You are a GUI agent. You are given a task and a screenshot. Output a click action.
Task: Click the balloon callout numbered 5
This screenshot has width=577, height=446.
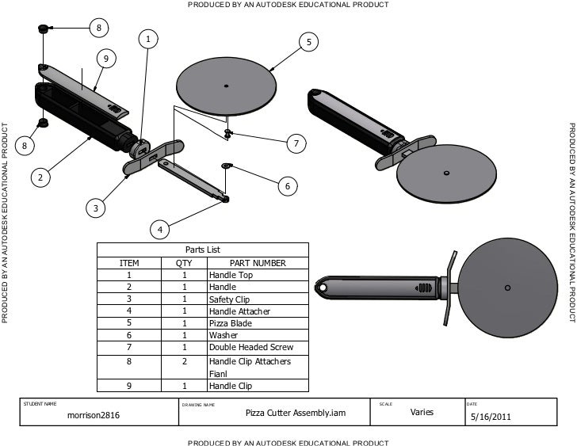(x=309, y=41)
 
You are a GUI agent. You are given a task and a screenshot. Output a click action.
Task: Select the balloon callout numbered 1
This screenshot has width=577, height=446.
(x=147, y=39)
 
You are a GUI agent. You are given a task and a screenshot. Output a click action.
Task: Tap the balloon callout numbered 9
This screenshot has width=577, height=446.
(x=105, y=59)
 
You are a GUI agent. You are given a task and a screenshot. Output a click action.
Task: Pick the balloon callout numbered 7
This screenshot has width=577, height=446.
(x=296, y=143)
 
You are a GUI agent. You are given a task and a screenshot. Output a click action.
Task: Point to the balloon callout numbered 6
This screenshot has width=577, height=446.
(x=287, y=185)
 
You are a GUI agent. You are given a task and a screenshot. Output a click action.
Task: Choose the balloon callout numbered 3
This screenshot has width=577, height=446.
(x=95, y=208)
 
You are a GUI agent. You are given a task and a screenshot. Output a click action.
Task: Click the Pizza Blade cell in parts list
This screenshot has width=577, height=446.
(x=228, y=323)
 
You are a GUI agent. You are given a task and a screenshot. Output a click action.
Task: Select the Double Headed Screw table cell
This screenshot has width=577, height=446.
(x=250, y=347)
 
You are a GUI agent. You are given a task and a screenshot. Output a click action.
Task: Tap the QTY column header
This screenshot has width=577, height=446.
(x=184, y=263)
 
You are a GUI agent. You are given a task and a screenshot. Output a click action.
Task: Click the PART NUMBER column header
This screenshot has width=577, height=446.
(x=257, y=263)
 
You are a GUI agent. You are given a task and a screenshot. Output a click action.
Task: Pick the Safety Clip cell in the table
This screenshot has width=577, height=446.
(x=231, y=299)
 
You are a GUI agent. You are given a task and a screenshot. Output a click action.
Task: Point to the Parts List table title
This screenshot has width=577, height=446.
(x=202, y=250)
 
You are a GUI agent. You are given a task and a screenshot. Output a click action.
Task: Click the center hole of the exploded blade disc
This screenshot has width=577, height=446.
(x=226, y=86)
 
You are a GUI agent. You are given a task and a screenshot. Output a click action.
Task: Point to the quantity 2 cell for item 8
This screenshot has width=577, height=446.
(x=184, y=361)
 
